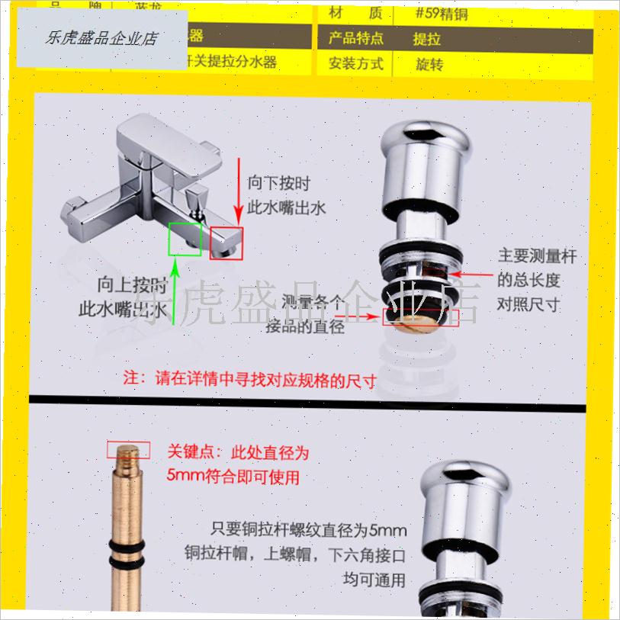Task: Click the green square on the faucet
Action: pyautogui.click(x=185, y=238)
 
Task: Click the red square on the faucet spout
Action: pyautogui.click(x=226, y=243)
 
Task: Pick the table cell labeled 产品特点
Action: pyautogui.click(x=356, y=37)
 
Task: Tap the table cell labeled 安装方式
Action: pyautogui.click(x=356, y=63)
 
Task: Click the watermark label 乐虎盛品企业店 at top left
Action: pyautogui.click(x=101, y=37)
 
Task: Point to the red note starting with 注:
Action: pyautogui.click(x=251, y=379)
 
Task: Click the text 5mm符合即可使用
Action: pyautogui.click(x=234, y=477)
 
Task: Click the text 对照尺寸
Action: pyautogui.click(x=528, y=304)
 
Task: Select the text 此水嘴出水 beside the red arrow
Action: pyautogui.click(x=287, y=207)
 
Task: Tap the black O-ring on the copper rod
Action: pyautogui.click(x=127, y=550)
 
